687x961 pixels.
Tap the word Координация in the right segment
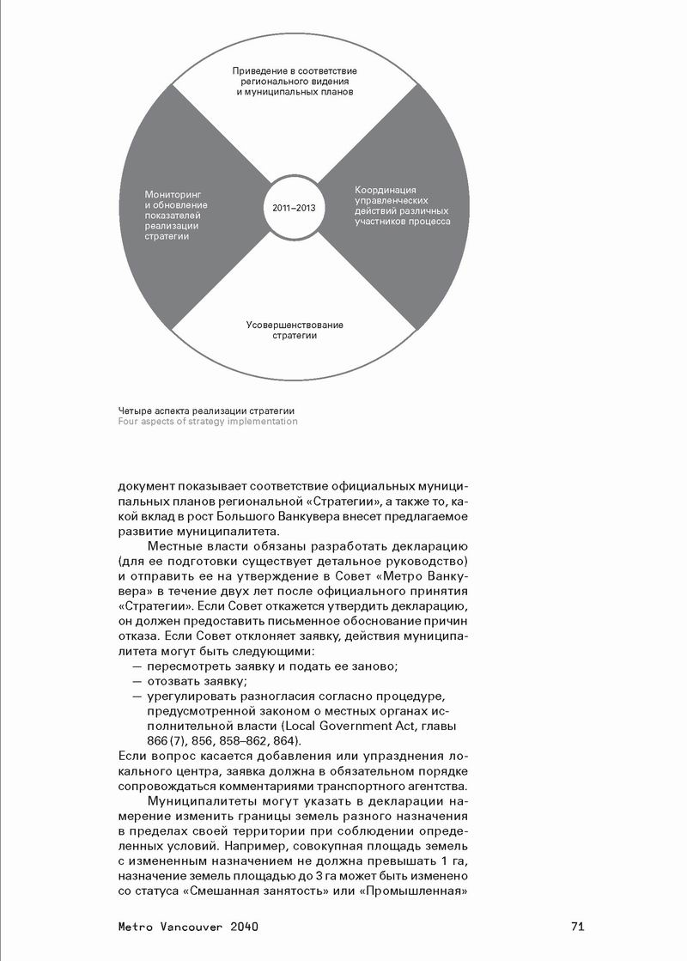click(386, 189)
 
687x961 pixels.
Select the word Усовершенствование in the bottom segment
click(295, 325)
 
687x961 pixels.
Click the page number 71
click(577, 927)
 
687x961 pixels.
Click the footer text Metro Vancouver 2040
click(188, 927)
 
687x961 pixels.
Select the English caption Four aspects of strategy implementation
click(208, 422)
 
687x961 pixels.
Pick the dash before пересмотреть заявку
click(137, 667)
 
